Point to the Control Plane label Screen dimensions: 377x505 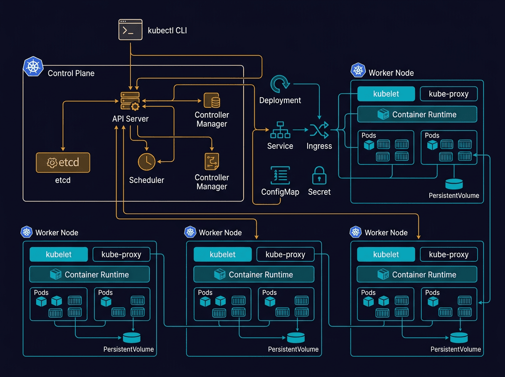(x=71, y=73)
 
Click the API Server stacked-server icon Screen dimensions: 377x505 (x=130, y=101)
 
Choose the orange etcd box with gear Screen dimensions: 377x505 (x=63, y=162)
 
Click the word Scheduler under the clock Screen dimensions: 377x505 (x=146, y=180)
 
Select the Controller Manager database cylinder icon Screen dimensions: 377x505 (x=212, y=101)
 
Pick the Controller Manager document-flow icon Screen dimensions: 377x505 (x=212, y=162)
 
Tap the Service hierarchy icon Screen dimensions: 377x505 (x=280, y=130)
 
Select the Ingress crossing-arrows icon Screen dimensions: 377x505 (x=319, y=130)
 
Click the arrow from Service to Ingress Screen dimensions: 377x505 (x=300, y=130)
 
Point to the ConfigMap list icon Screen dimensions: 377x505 (x=280, y=175)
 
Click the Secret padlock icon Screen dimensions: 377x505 (x=319, y=175)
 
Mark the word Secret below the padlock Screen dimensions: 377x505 (x=319, y=192)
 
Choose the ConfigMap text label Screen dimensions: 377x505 (x=280, y=192)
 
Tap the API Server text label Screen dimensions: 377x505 (x=130, y=119)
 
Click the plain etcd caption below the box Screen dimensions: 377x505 (x=63, y=181)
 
